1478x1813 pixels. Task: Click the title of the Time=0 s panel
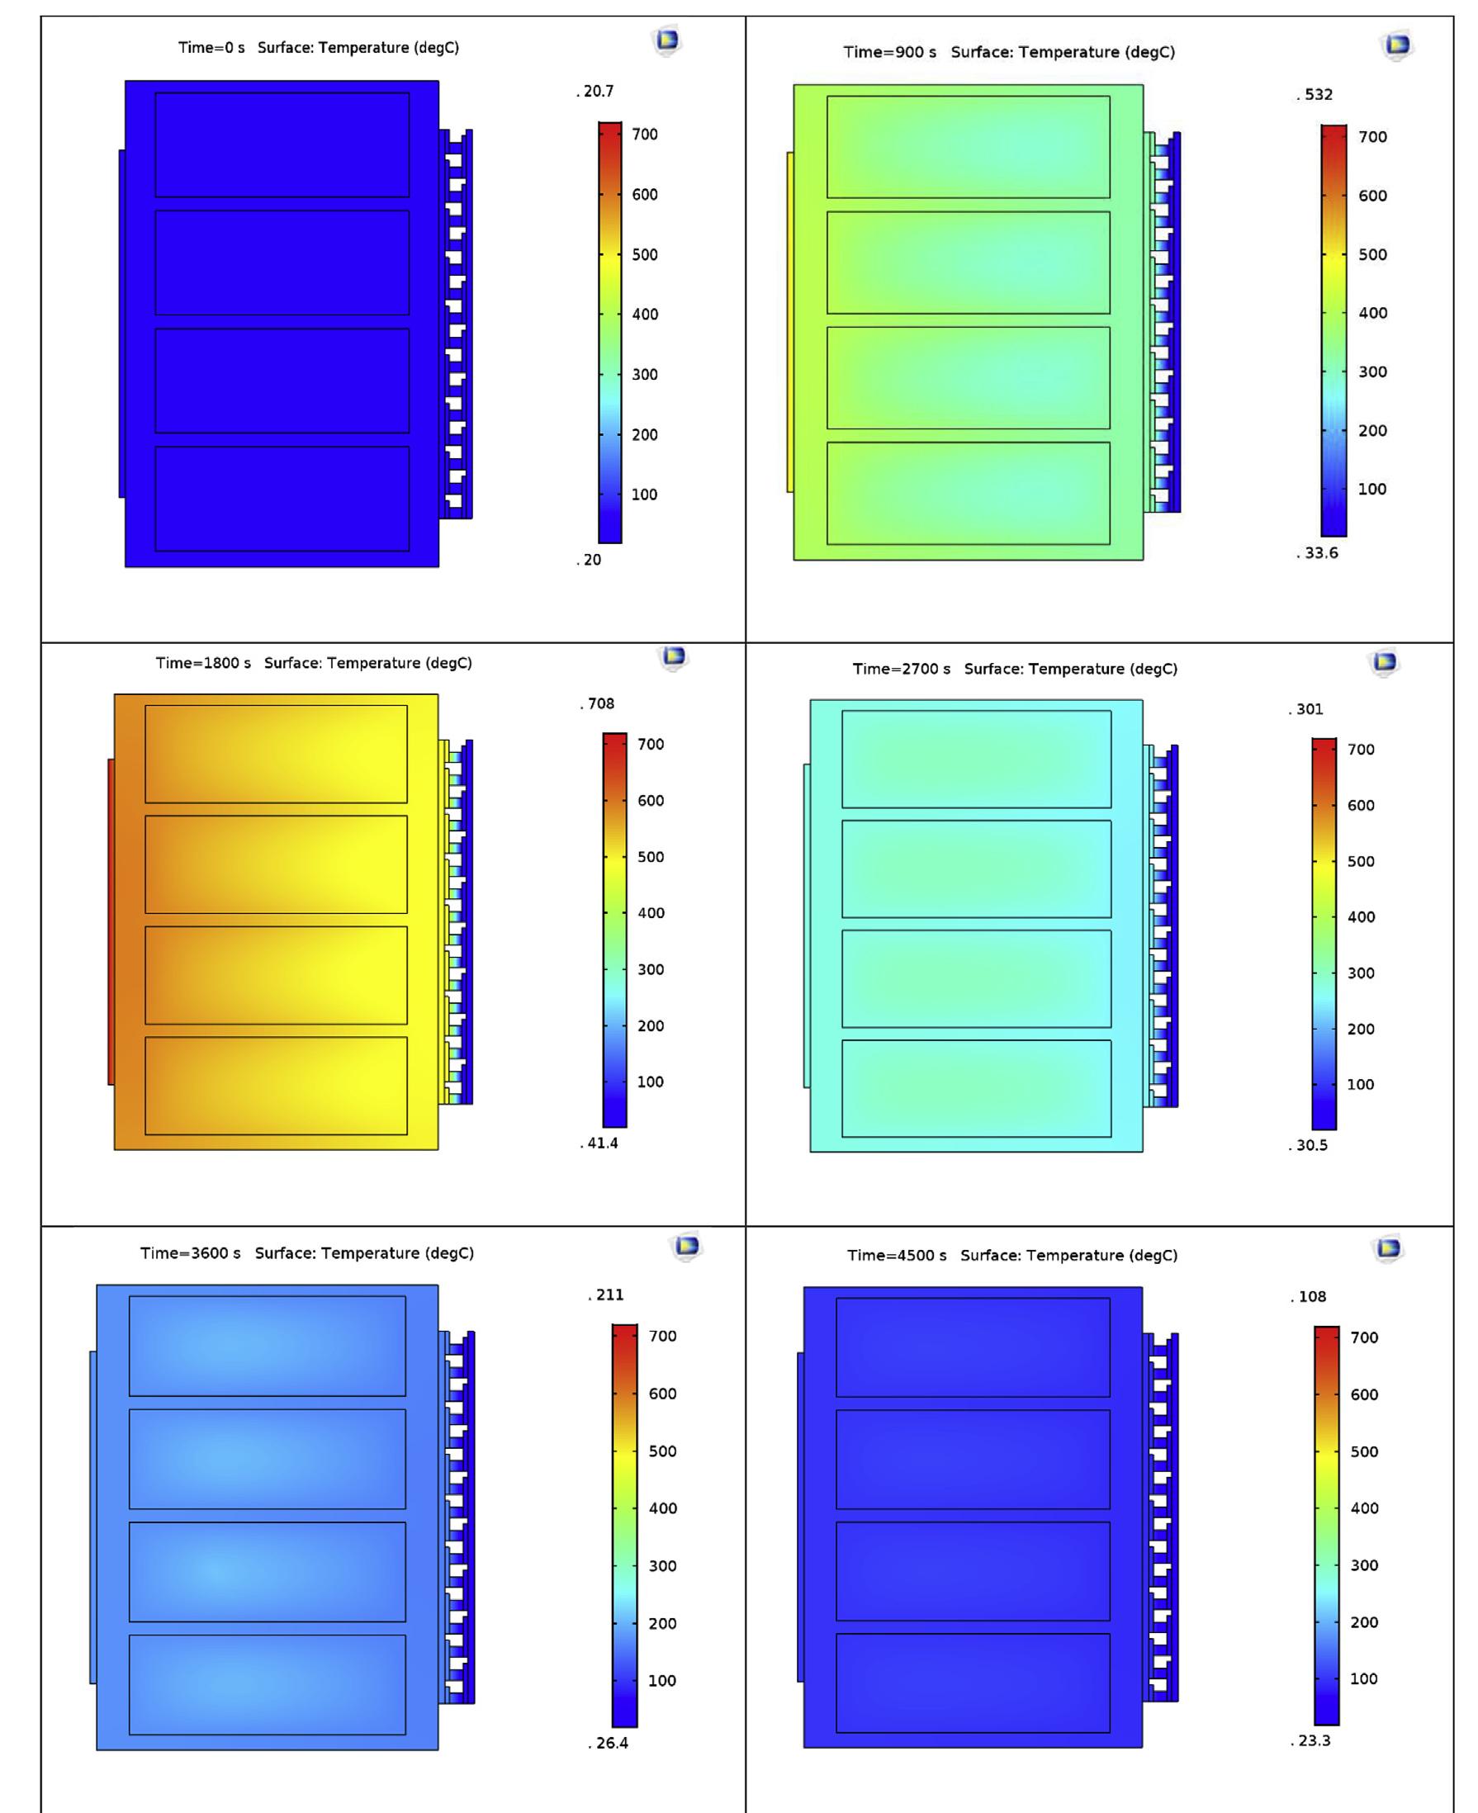click(x=318, y=48)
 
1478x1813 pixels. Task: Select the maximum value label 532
click(x=1317, y=94)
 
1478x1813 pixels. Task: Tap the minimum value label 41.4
click(x=601, y=1143)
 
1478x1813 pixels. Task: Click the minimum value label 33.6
click(x=1319, y=553)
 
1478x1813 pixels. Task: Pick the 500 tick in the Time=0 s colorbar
click(x=645, y=254)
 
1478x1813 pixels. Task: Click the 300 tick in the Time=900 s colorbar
click(x=1372, y=372)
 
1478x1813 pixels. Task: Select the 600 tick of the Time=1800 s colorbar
click(x=651, y=800)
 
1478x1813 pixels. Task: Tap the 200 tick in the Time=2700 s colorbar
click(x=1361, y=1029)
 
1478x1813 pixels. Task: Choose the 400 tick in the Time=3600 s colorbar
click(x=662, y=1508)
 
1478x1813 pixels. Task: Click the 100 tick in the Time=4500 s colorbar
click(x=1364, y=1678)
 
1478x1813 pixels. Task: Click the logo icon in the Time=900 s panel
click(x=1397, y=45)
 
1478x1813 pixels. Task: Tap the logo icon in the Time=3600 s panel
click(x=686, y=1246)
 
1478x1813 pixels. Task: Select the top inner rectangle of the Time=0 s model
click(x=282, y=144)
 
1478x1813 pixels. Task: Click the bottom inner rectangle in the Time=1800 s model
click(x=276, y=1086)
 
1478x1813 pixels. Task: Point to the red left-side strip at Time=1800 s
click(x=111, y=922)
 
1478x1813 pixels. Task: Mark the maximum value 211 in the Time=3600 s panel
click(x=608, y=1295)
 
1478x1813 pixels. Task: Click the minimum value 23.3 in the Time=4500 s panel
click(x=1312, y=1740)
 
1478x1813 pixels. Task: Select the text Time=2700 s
click(x=901, y=669)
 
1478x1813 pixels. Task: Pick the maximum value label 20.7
click(x=597, y=91)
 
